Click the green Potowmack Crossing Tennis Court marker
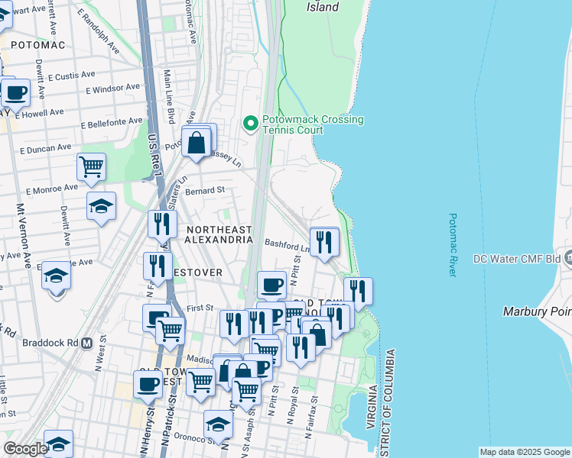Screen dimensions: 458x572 (x=249, y=123)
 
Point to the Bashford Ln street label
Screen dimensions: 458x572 (x=287, y=244)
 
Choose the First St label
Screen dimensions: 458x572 (x=199, y=307)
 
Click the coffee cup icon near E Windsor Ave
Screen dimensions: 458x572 (x=15, y=92)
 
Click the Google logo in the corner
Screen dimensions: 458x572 (x=25, y=449)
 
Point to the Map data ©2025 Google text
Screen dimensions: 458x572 (x=524, y=452)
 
